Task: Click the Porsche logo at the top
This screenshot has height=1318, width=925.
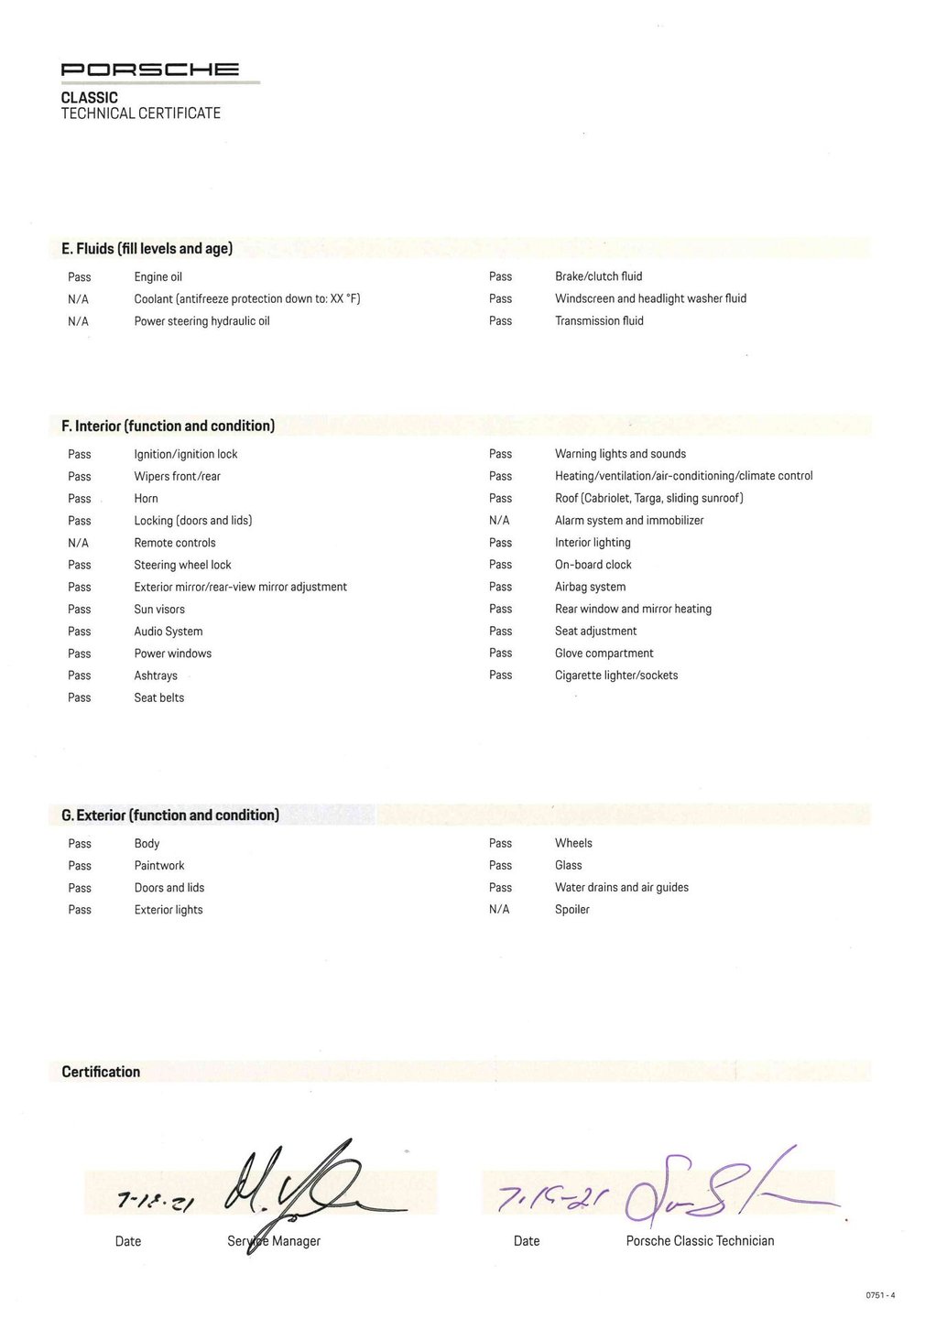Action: coord(150,70)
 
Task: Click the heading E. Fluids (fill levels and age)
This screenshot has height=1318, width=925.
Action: coord(147,249)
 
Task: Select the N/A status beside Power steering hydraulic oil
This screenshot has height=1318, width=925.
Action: coord(79,321)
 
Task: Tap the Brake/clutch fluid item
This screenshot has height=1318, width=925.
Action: coord(598,276)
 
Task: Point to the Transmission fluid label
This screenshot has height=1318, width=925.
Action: coord(599,321)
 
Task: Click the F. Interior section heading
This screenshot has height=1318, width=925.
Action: coord(168,427)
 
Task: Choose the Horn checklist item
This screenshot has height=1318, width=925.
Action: coord(146,499)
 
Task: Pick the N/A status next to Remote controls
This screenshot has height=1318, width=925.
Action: coord(79,543)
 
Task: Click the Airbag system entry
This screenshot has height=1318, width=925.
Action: coord(590,587)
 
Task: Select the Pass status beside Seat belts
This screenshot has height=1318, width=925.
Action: coord(80,697)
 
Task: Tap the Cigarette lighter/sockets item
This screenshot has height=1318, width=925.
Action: coord(616,675)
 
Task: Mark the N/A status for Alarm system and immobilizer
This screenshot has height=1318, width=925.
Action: coord(499,521)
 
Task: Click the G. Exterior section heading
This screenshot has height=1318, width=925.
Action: coord(170,816)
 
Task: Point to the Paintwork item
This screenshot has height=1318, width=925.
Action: coord(159,866)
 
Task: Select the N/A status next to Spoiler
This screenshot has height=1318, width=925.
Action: coord(499,910)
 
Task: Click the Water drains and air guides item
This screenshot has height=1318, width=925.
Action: coord(622,888)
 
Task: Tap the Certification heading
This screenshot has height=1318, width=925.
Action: coord(101,1072)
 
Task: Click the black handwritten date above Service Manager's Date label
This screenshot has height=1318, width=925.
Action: coord(155,1202)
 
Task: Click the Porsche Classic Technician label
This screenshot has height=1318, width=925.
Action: coord(700,1241)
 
